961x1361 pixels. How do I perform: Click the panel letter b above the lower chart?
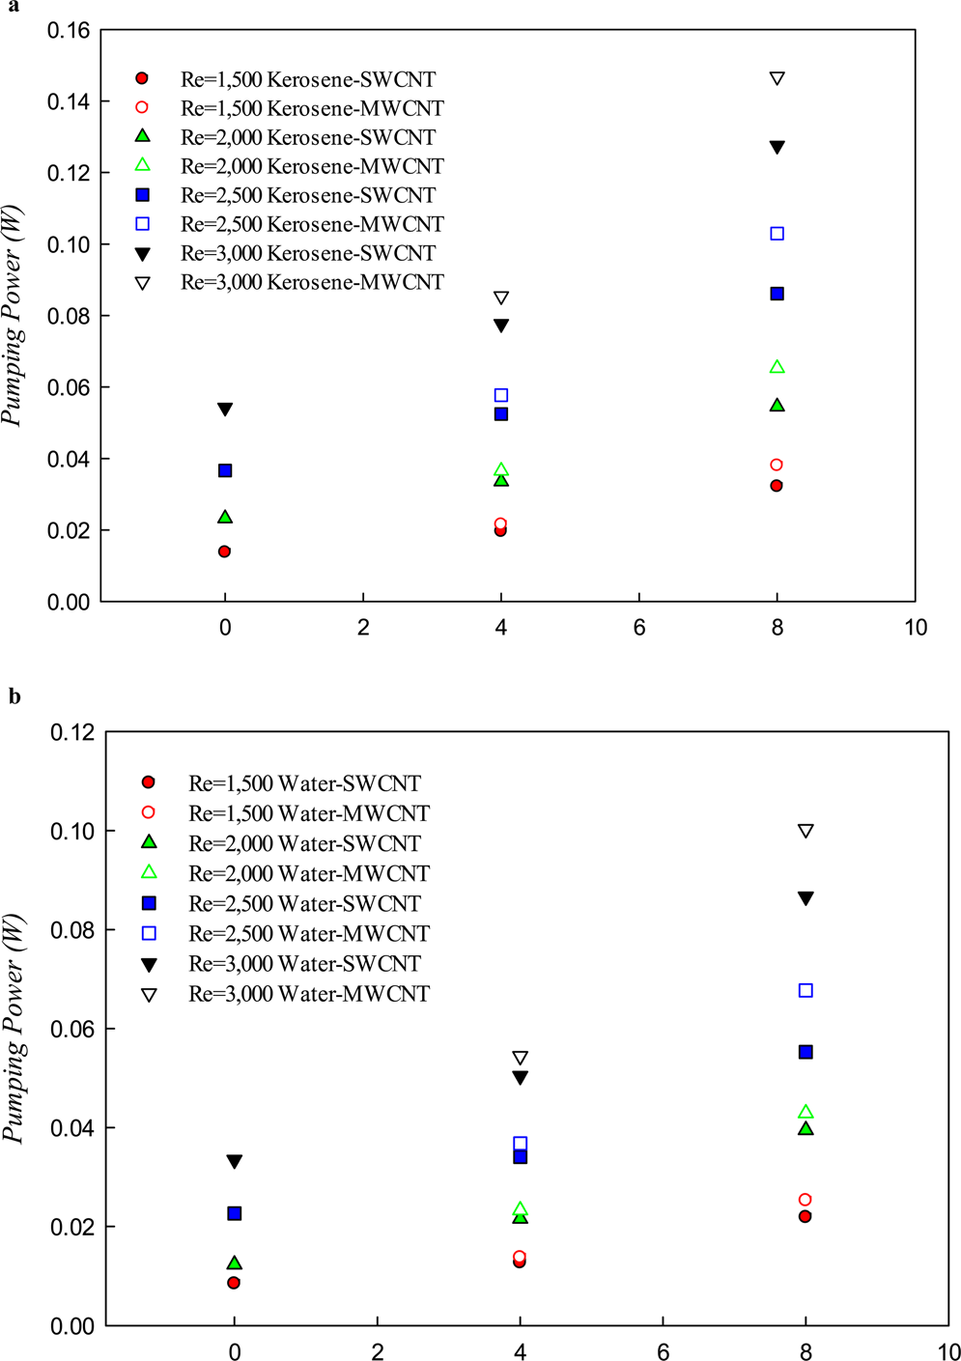[x=14, y=696]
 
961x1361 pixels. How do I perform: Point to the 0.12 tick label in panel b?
[x=73, y=732]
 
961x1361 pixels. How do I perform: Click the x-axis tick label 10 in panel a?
[x=915, y=628]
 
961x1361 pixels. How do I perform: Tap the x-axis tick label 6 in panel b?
[x=663, y=1352]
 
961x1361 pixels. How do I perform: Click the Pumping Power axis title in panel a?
[x=13, y=315]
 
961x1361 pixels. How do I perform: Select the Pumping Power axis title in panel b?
[x=13, y=1029]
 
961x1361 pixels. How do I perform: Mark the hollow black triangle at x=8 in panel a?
[x=777, y=78]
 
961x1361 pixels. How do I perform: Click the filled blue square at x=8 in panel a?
[x=777, y=294]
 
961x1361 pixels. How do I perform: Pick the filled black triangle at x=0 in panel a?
[x=225, y=410]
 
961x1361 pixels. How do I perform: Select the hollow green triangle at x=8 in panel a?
[x=777, y=367]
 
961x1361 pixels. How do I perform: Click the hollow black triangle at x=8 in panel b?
[x=806, y=831]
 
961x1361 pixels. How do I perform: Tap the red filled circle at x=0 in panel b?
[x=234, y=1283]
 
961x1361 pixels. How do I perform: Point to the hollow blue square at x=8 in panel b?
[x=806, y=991]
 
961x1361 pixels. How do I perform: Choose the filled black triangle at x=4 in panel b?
[x=520, y=1078]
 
